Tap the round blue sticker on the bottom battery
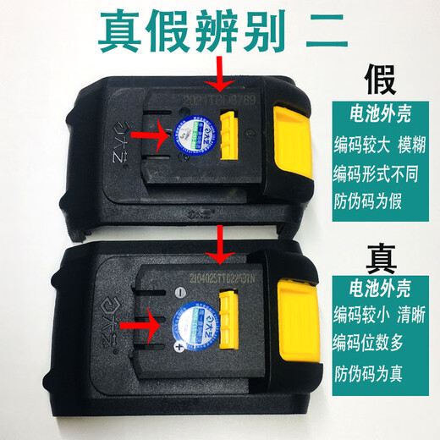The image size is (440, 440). coord(191,320)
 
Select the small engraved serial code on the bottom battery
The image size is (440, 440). coord(216,275)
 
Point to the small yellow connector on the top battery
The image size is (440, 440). coord(231,138)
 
